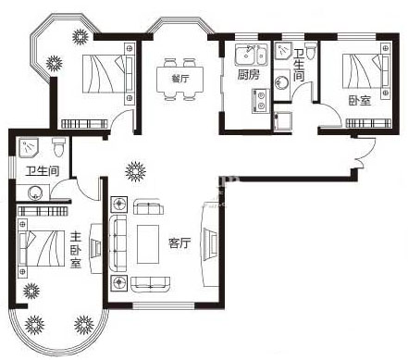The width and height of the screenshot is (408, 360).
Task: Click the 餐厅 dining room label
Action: [x=180, y=79]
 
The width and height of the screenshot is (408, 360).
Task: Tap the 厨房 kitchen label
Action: [x=249, y=75]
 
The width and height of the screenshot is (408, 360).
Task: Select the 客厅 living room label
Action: [x=179, y=243]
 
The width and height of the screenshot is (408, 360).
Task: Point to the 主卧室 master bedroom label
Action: [x=76, y=250]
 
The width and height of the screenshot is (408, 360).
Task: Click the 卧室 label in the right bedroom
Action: [x=360, y=100]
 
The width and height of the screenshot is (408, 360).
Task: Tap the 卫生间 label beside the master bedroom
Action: [x=43, y=171]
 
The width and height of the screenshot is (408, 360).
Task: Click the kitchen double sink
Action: [x=252, y=55]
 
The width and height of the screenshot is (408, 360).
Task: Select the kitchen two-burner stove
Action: [x=261, y=101]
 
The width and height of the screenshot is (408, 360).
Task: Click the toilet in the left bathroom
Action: [x=58, y=147]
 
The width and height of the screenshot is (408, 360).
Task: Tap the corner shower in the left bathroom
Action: [x=28, y=147]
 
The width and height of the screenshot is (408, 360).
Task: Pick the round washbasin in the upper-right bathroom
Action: [x=281, y=82]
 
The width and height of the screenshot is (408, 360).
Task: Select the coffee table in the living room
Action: [x=148, y=244]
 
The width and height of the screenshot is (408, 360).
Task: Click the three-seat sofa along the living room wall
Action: [x=118, y=243]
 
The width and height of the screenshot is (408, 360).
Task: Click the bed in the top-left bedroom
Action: [x=108, y=73]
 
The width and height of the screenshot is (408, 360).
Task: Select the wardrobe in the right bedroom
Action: [x=368, y=123]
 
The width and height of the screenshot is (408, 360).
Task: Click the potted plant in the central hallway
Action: [x=135, y=170]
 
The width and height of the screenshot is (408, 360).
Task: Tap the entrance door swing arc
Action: [x=367, y=151]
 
